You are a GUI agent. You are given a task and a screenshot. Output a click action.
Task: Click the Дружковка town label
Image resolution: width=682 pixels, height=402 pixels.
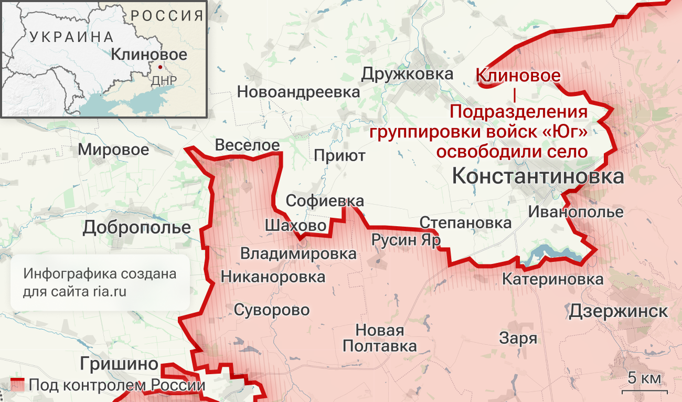(x=407, y=74)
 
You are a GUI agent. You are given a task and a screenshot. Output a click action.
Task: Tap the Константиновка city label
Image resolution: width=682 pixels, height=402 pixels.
(x=538, y=176)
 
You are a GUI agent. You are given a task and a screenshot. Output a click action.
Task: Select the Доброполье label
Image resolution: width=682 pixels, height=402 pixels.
(x=136, y=227)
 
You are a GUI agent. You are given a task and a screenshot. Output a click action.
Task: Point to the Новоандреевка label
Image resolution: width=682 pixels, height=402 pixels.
(x=299, y=92)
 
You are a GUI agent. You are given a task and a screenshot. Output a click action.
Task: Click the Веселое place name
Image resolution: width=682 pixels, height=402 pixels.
(x=248, y=145)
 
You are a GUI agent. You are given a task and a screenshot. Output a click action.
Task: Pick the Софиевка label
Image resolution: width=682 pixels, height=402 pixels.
(x=325, y=200)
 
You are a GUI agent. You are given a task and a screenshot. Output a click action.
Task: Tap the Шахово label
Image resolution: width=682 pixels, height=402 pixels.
(x=296, y=225)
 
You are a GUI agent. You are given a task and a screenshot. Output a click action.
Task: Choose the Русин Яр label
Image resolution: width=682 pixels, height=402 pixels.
(x=406, y=240)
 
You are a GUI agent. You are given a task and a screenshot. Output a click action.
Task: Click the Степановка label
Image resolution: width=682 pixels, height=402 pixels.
(x=465, y=223)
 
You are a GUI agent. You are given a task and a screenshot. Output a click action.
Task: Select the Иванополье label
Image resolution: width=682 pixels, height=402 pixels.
(x=576, y=212)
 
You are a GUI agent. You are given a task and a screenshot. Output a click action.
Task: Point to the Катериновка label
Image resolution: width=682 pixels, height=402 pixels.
(x=552, y=279)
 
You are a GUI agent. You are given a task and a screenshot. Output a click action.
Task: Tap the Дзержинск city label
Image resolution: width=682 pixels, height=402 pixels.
(x=619, y=311)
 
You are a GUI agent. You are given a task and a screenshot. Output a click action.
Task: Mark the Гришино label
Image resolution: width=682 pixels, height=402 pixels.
(x=119, y=363)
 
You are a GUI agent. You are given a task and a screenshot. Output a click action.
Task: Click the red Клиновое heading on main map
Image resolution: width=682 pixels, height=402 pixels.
(x=518, y=76)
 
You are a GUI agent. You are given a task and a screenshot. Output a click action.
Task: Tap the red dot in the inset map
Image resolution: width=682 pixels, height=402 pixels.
(x=159, y=67)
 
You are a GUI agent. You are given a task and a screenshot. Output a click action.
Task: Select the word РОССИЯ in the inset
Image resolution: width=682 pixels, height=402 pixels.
(x=167, y=15)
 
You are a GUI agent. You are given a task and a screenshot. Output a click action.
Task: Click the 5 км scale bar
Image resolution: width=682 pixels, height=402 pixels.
(x=643, y=390)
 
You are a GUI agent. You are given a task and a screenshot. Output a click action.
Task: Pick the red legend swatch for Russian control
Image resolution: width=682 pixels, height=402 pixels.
(x=17, y=385)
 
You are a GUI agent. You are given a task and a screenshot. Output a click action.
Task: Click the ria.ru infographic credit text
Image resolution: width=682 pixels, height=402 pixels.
(x=100, y=283)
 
